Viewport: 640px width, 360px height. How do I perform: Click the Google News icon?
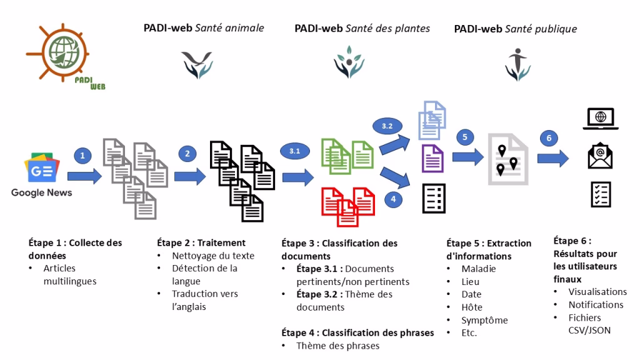coord(42,168)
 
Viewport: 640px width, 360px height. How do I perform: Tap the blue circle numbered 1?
coord(83,156)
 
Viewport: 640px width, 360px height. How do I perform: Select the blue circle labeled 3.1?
coord(295,151)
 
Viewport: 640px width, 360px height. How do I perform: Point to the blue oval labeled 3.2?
coord(387,126)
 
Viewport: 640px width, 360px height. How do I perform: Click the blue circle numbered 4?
coord(394,199)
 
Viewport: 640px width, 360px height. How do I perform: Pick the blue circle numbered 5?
coord(465,137)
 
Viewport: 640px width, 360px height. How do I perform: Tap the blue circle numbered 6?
coord(549,138)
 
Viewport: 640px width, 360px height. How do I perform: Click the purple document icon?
coord(432,158)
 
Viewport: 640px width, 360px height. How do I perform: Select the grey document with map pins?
coord(508,159)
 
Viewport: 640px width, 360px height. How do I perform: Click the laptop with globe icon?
coord(601,119)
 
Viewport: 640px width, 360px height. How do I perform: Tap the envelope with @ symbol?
coord(600,156)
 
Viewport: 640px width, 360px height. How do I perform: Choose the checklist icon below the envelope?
coord(601,194)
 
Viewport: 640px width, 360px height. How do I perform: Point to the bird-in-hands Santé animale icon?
coord(197,64)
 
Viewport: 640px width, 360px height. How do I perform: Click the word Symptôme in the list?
coord(484,321)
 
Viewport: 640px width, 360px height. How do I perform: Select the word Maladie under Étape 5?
coord(479,269)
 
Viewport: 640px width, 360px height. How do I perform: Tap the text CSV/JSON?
coord(589,330)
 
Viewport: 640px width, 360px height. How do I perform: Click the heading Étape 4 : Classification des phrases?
coord(357,333)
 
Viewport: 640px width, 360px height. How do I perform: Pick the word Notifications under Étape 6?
coord(596,305)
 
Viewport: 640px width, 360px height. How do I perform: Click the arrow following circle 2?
coord(190,177)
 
